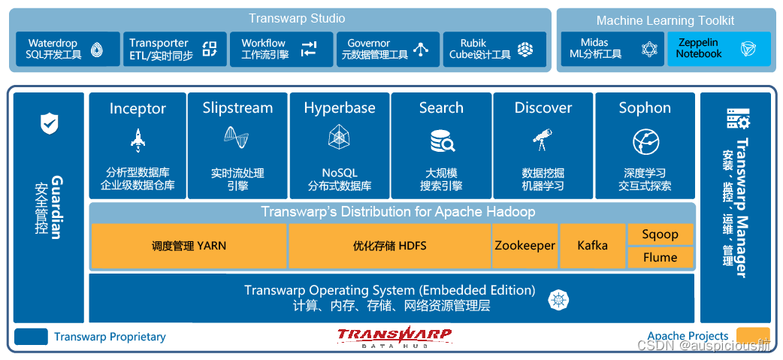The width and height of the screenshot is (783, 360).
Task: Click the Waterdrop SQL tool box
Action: (68, 49)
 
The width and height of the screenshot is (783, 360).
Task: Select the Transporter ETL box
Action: (174, 49)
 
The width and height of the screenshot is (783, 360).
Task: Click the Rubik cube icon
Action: (525, 50)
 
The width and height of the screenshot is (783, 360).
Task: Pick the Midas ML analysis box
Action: (612, 49)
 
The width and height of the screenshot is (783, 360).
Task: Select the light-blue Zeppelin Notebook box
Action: (718, 49)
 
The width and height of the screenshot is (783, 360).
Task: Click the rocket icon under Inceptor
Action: (138, 140)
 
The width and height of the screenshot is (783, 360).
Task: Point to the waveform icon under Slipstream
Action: (237, 138)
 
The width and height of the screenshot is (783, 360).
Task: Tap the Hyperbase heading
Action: (340, 108)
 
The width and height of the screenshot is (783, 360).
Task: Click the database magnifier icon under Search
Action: (441, 141)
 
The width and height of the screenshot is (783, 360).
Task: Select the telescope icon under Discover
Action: (543, 139)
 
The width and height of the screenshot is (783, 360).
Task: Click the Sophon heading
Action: (645, 108)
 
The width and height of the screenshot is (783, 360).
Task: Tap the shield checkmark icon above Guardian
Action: (49, 123)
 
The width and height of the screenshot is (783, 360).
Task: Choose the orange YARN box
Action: (189, 246)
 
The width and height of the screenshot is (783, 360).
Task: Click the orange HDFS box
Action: (389, 246)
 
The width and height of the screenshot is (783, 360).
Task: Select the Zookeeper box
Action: (525, 246)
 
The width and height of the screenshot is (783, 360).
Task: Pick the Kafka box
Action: (592, 246)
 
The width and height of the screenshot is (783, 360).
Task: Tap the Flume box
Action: (660, 258)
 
